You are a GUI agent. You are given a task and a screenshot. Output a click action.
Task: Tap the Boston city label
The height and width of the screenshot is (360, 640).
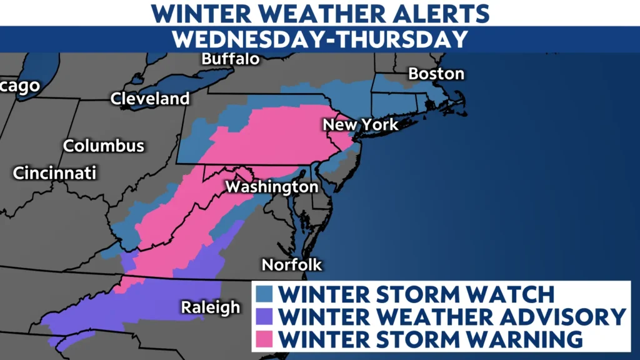436,74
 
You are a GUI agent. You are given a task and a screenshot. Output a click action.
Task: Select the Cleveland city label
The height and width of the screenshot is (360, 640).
150,98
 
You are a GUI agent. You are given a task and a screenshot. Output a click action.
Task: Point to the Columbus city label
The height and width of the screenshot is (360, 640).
104,146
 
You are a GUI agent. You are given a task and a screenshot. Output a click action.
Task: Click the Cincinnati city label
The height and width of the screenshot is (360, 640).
55,172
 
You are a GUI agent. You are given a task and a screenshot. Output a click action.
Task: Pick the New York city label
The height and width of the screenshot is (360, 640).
360,124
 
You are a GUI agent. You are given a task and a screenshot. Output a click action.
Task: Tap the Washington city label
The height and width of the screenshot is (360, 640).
272,187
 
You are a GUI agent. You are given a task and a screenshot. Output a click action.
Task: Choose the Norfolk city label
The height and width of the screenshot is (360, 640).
292,264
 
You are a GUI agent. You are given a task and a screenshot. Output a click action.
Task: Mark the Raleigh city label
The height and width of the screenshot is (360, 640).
211,307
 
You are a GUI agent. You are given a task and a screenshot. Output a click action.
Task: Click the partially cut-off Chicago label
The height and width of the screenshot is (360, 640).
19,86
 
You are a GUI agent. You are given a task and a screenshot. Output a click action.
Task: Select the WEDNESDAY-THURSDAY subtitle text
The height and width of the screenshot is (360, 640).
320,39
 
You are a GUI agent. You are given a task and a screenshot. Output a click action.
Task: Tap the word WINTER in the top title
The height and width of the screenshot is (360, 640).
199,12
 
